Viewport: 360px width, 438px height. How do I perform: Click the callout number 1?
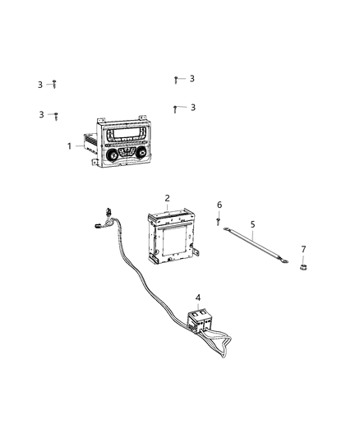pos(70,145)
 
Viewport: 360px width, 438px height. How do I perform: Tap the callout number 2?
pos(167,198)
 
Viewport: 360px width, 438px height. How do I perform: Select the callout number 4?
pos(197,297)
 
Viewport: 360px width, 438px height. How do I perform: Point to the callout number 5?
pos(253,224)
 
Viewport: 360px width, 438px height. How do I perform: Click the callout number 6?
pos(219,205)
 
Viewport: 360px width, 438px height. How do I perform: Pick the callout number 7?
pos(302,249)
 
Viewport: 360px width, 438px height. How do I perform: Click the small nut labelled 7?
pos(302,267)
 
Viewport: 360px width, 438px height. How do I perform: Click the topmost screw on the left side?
pos(54,84)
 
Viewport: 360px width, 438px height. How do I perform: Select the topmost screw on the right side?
pos(176,80)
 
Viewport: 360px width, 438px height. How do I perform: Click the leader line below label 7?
pos(302,258)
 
